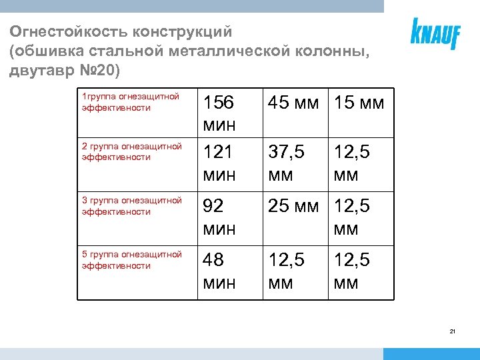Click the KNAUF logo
(435, 33)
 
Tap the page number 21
(453, 331)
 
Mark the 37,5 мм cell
(287, 163)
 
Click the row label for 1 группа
(130, 102)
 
